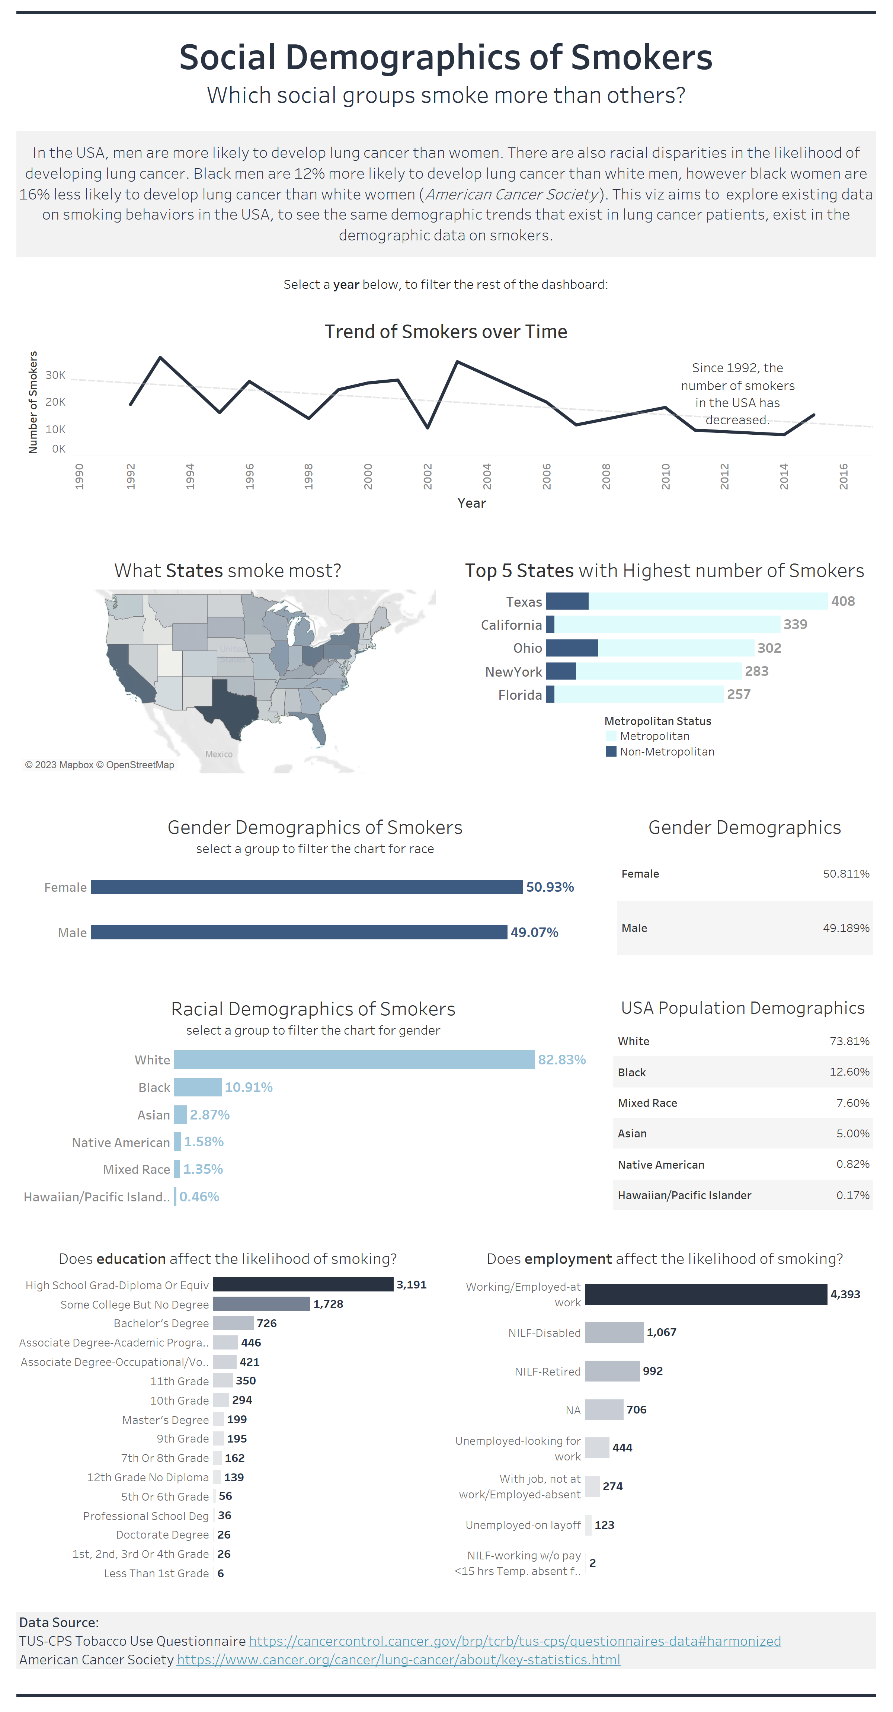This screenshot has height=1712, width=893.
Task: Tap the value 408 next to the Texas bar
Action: click(842, 601)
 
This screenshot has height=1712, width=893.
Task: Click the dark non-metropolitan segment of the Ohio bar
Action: click(572, 648)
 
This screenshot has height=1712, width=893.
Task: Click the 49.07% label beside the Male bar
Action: click(534, 932)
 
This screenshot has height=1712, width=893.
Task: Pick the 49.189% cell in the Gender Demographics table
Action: click(845, 928)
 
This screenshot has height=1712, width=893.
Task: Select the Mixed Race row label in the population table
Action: click(647, 1103)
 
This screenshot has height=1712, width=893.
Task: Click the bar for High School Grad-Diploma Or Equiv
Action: click(303, 1285)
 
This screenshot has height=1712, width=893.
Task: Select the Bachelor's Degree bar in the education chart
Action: click(233, 1323)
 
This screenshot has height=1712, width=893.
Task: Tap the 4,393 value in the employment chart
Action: click(845, 1294)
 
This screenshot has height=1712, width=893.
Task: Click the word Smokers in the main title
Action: click(641, 57)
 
